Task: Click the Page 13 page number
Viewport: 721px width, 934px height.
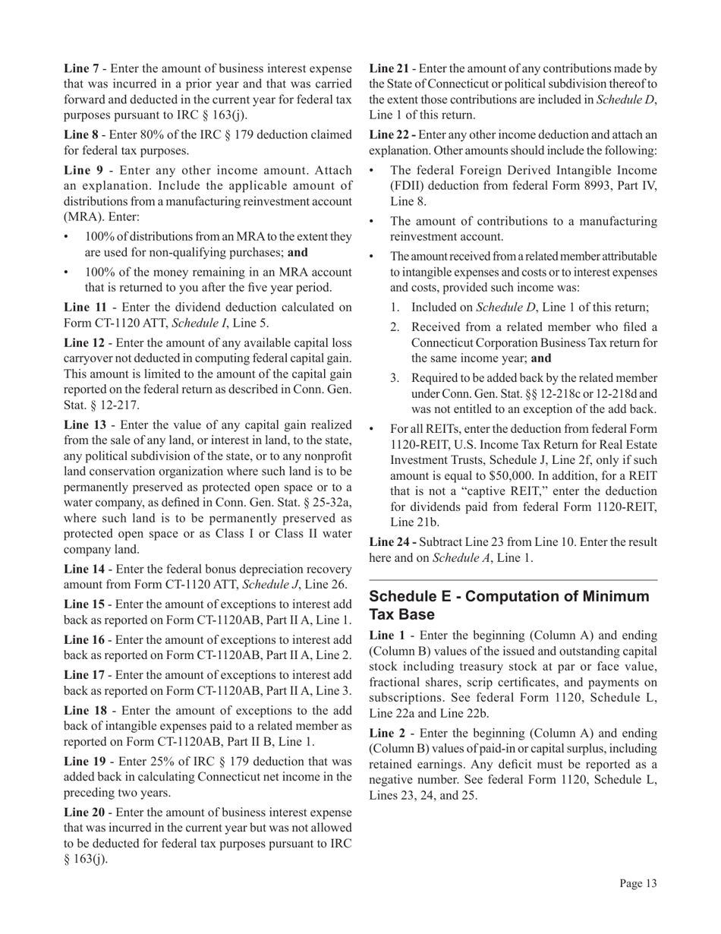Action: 637,883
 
